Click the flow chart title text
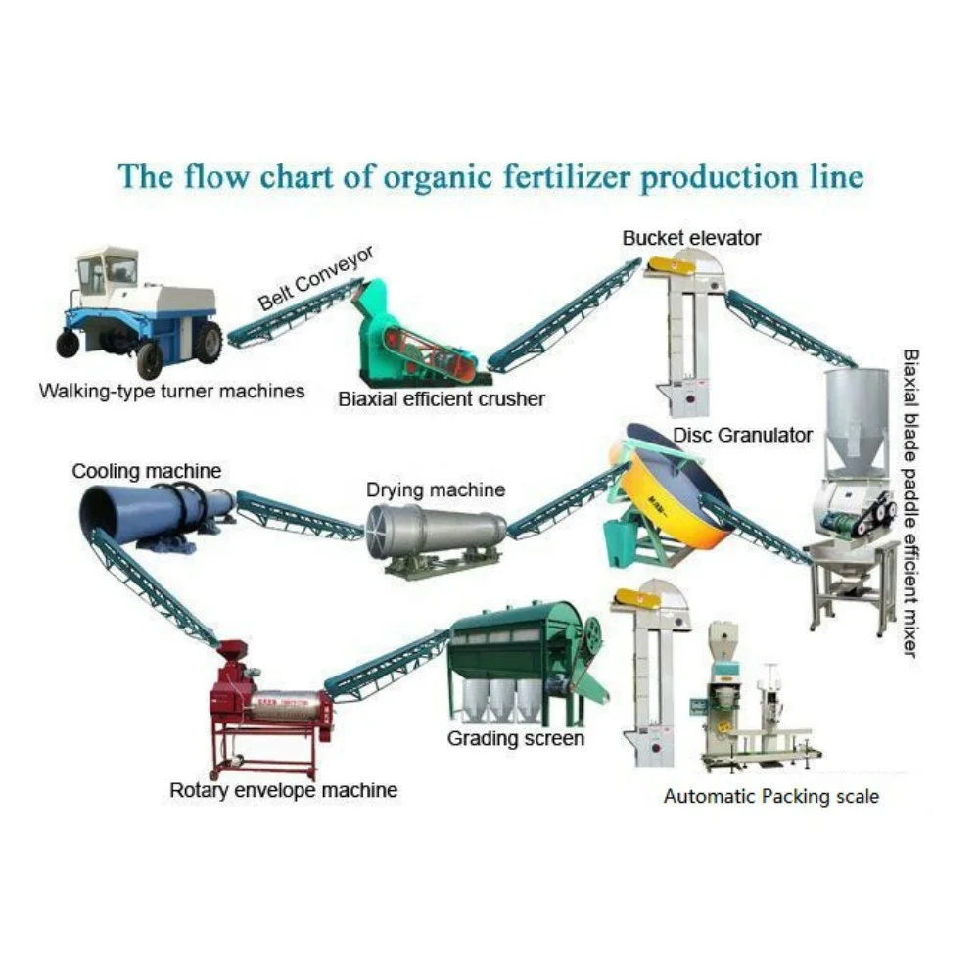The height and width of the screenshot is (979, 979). click(490, 176)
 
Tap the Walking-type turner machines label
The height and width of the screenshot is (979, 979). click(171, 391)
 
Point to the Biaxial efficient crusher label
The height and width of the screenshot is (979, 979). click(442, 398)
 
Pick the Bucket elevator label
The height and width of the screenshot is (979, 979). click(691, 237)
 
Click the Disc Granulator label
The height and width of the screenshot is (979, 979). click(742, 434)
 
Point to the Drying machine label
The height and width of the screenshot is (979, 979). click(436, 489)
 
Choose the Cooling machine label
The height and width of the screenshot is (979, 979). click(146, 471)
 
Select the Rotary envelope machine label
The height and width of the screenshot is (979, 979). click(284, 789)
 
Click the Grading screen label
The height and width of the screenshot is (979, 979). click(516, 738)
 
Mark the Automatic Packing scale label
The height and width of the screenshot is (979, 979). click(771, 796)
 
